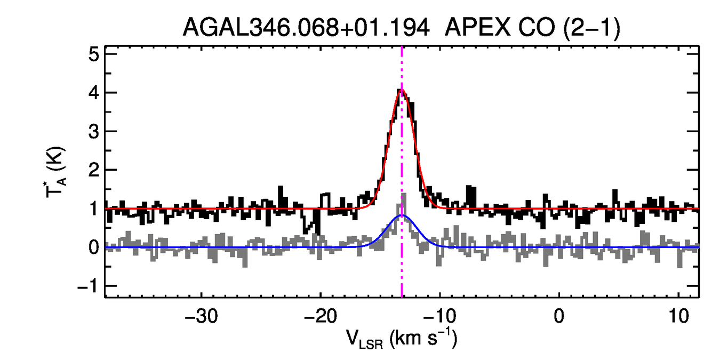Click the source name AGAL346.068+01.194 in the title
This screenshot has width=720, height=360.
click(x=306, y=28)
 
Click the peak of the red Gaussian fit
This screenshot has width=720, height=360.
click(x=402, y=89)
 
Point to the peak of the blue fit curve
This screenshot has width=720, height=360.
click(x=402, y=215)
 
